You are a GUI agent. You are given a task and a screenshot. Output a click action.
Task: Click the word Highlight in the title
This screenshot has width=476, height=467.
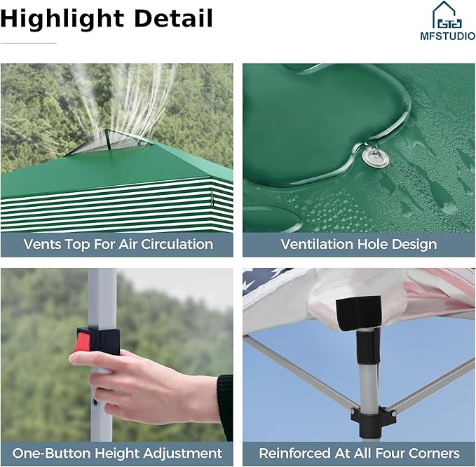pos(62,20)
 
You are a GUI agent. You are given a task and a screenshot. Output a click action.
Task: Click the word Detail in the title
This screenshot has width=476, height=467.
pos(173,18)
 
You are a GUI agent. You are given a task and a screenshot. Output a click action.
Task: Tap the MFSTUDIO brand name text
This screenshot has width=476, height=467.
pos(447,36)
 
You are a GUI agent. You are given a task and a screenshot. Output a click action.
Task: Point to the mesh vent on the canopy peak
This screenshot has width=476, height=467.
pos(107,143)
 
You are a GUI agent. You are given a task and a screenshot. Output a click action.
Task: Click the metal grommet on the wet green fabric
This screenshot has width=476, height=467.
pos(375,158)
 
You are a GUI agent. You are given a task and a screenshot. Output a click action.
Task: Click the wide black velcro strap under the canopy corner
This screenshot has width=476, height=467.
pos(358,313)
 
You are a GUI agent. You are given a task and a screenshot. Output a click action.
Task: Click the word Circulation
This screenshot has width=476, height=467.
pos(177,244)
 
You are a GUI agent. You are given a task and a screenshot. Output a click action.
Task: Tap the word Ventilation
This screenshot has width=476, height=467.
pos(317,244)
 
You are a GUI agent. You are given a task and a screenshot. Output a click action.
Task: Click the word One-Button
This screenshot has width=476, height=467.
pos(51,453)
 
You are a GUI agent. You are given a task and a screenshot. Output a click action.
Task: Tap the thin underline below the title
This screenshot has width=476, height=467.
pos(29,43)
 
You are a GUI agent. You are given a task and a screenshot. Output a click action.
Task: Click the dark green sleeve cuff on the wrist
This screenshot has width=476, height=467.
pos(225,407)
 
